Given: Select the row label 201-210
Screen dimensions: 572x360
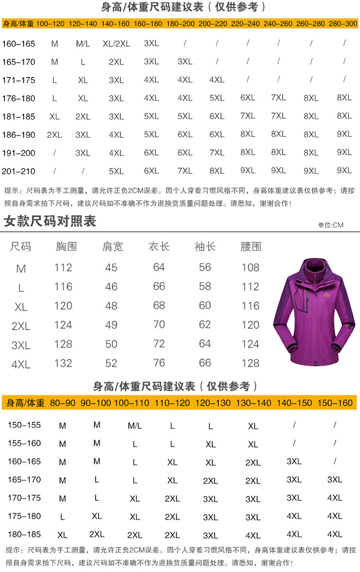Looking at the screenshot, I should pos(19,171).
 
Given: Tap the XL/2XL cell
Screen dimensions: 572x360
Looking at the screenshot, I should pos(116,44).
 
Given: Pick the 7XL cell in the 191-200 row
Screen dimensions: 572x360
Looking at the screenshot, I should pos(216,153).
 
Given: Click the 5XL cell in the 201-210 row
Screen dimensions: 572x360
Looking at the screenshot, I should pos(116,171).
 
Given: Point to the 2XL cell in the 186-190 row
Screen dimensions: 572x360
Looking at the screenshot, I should pos(54,135).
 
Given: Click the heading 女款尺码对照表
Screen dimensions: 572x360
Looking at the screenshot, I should pos(50,221).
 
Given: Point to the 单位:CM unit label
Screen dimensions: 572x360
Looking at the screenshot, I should pos(331,225).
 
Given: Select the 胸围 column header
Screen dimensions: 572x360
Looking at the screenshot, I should pos(66,247).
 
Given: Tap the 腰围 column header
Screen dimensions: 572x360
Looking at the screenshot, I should pos(251,247).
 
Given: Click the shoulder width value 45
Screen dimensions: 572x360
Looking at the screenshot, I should pos(111,267).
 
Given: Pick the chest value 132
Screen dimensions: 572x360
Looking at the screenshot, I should pos(63,363).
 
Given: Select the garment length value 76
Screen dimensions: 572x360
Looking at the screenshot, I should pos(159,363).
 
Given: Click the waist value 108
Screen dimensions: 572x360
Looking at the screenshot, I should pos(251,267).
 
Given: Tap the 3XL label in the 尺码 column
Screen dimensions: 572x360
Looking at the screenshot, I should pos(21,345).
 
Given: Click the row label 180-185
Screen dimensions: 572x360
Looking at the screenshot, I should pos(24,534).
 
